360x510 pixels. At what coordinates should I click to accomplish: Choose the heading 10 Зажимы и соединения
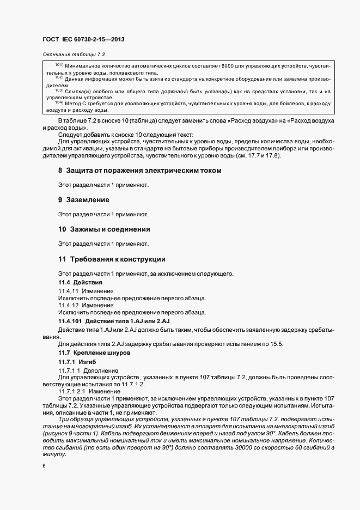coord(104,229)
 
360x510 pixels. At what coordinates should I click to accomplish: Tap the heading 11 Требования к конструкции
coord(112,259)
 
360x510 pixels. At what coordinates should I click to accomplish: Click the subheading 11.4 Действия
coord(80,282)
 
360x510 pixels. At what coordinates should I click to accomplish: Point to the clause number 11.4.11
coord(68,292)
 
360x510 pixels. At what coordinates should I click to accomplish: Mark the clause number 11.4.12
coord(68,306)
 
